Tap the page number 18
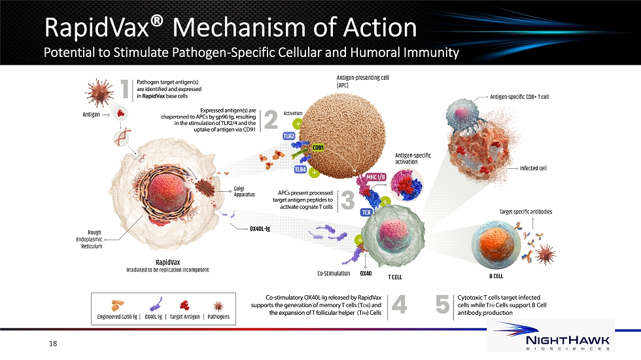pyautogui.click(x=53, y=344)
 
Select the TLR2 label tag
pyautogui.click(x=288, y=136)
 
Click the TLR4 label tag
pyautogui.click(x=300, y=169)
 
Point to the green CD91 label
pyautogui.click(x=318, y=148)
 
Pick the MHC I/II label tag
pyautogui.click(x=375, y=177)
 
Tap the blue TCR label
pyautogui.click(x=366, y=212)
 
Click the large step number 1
pyautogui.click(x=126, y=89)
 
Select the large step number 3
pyautogui.click(x=347, y=200)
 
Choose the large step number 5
pyautogui.click(x=443, y=305)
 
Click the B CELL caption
pyautogui.click(x=496, y=276)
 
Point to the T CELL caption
pyautogui.click(x=395, y=278)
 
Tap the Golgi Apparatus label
pyautogui.click(x=244, y=191)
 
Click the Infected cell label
pyautogui.click(x=533, y=168)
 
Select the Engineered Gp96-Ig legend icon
pyautogui.click(x=117, y=305)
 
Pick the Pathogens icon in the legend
pyautogui.click(x=218, y=306)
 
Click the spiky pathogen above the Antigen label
pyautogui.click(x=99, y=92)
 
